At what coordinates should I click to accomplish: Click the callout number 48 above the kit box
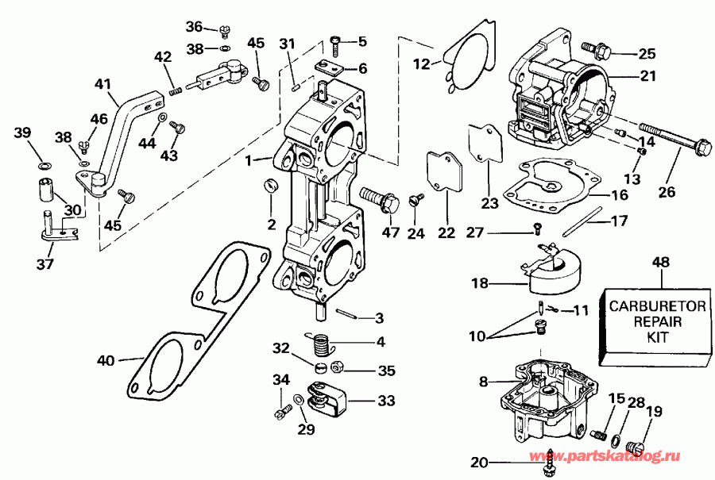pyautogui.click(x=660, y=262)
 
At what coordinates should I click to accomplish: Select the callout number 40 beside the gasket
pyautogui.click(x=105, y=360)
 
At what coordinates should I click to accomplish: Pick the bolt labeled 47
pyautogui.click(x=381, y=198)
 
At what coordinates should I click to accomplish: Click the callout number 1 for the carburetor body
pyautogui.click(x=248, y=159)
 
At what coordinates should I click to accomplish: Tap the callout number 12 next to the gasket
pyautogui.click(x=423, y=63)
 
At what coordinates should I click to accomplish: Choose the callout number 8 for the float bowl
pyautogui.click(x=483, y=382)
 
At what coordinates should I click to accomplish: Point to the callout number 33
pyautogui.click(x=385, y=401)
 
